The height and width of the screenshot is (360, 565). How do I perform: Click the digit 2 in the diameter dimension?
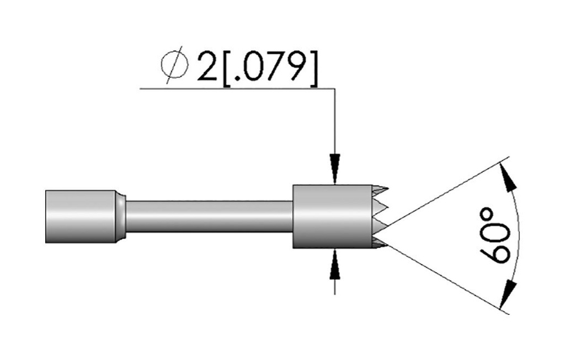207,68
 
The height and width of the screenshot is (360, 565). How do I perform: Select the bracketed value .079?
270,68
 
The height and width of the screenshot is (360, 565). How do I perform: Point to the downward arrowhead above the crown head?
335,169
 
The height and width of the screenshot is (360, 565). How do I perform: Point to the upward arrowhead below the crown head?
335,265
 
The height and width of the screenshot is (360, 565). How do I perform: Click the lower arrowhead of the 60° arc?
508,293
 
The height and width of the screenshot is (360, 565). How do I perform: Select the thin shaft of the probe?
209,217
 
